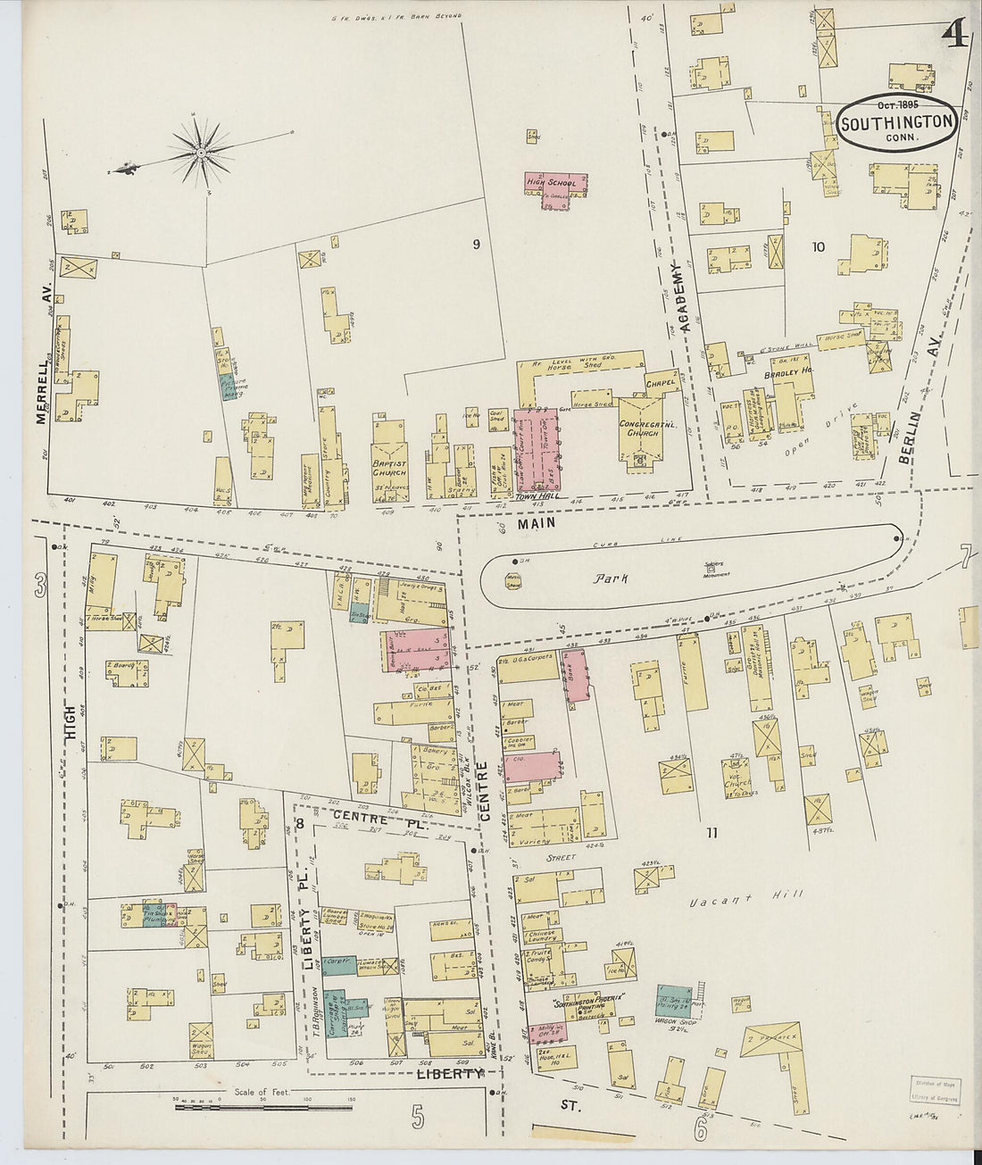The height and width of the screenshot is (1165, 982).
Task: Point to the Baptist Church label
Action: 392,470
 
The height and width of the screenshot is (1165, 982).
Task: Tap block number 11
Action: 712,834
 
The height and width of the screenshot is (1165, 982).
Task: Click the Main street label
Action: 541,526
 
